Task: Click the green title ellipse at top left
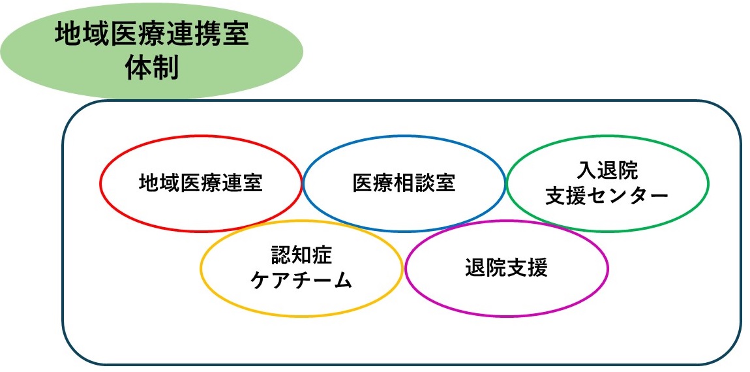coord(151,50)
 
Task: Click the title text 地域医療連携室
coord(151,35)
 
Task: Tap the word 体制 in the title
coord(151,68)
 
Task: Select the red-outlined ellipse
coord(100,183)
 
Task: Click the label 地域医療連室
coord(201,183)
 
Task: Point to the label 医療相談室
coord(404,183)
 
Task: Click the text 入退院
coord(607,170)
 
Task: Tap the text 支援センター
coord(607,196)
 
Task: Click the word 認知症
coord(301,255)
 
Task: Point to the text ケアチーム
coord(301,281)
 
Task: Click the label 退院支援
coord(507,268)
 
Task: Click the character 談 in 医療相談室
coord(425,183)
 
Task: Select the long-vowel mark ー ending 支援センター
coord(659,196)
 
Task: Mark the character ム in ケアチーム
coord(342,281)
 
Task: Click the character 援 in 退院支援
coord(538,268)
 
